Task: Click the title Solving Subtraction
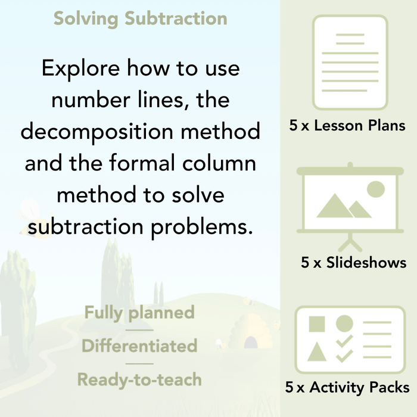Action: pyautogui.click(x=140, y=18)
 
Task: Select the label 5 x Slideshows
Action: pyautogui.click(x=354, y=263)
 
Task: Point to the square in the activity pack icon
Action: pyautogui.click(x=318, y=324)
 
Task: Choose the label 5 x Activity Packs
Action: pyautogui.click(x=347, y=388)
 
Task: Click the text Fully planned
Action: pyautogui.click(x=139, y=312)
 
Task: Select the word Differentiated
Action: pyautogui.click(x=139, y=346)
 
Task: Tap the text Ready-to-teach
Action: pyautogui.click(x=139, y=379)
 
